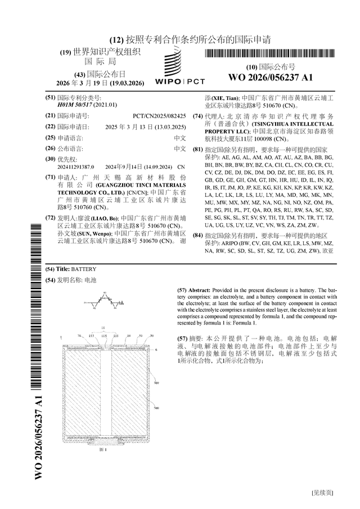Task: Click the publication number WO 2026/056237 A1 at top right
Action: (271, 77)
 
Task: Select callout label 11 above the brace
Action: (103, 327)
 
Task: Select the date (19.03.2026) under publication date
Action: (127, 83)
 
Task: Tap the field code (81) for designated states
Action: (197, 150)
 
